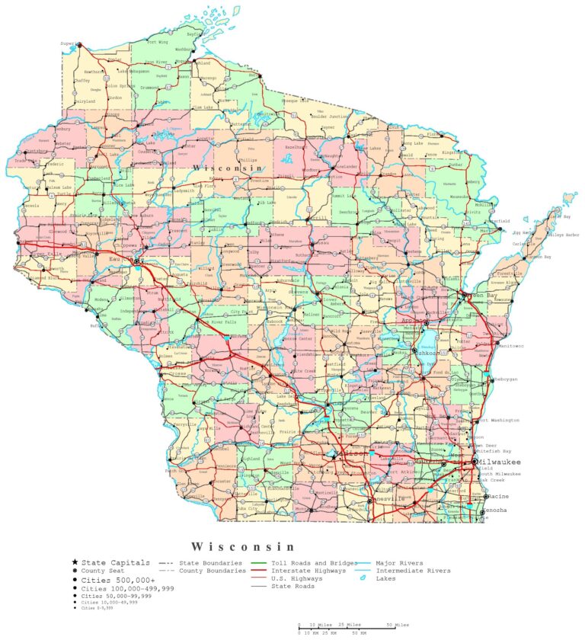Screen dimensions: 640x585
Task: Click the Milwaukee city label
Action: point(500,462)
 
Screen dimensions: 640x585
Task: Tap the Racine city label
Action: point(499,496)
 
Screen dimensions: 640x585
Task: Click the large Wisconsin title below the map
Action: point(242,546)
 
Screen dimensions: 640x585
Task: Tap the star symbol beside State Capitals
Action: point(75,562)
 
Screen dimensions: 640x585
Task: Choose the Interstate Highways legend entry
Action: point(309,571)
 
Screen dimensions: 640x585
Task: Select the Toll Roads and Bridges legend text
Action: point(314,562)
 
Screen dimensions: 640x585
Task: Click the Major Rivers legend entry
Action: point(401,562)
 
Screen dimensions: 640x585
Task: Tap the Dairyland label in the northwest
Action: point(85,101)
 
